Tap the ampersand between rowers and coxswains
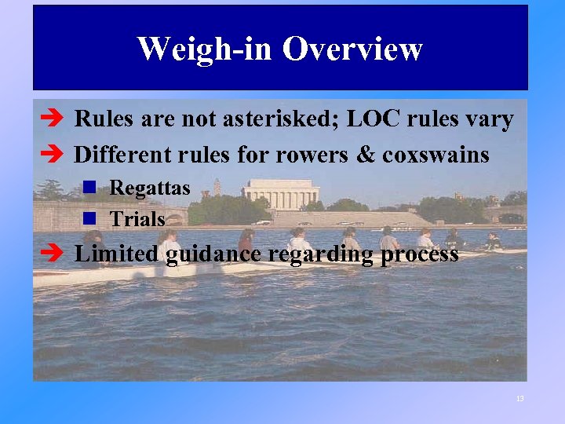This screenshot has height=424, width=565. [365, 154]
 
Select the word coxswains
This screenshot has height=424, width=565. [436, 154]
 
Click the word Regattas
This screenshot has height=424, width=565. [150, 188]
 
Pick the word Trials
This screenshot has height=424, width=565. [137, 219]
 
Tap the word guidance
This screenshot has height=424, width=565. [207, 254]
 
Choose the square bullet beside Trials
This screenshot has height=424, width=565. [90, 218]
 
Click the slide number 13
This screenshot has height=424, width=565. [519, 399]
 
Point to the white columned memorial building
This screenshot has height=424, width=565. [282, 193]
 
